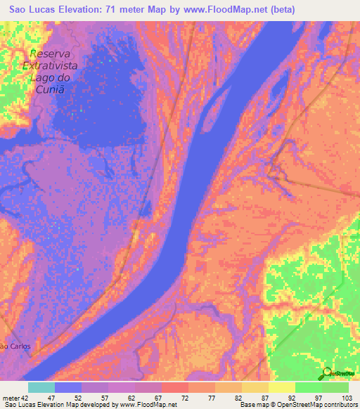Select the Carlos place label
[x=22, y=346]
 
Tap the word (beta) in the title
[x=278, y=9]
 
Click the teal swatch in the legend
[x=41, y=387]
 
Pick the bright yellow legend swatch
[x=281, y=387]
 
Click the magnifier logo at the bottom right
[x=327, y=374]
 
